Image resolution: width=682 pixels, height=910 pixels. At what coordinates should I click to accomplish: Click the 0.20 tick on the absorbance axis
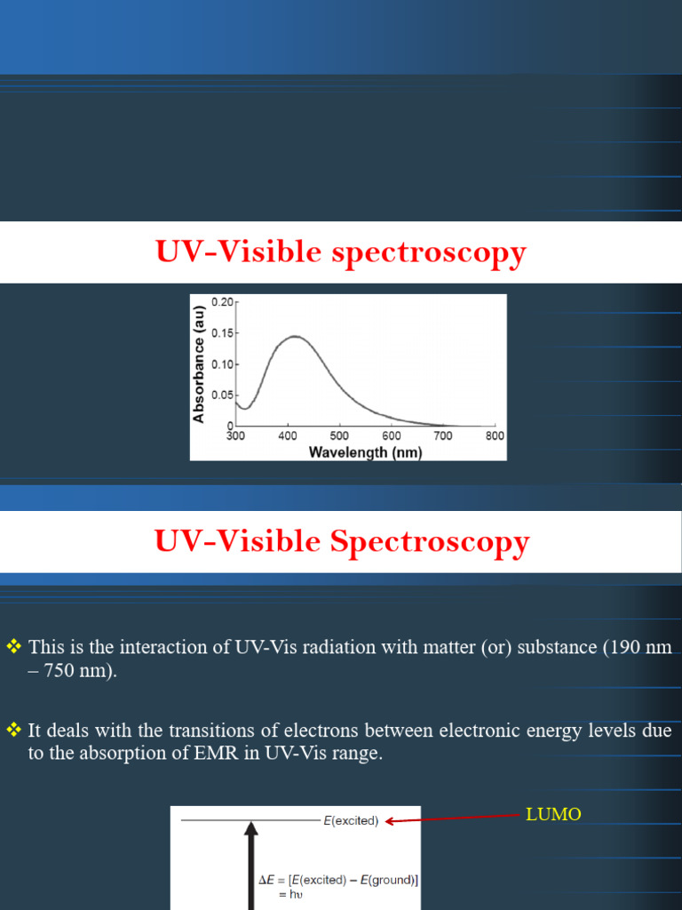click(221, 302)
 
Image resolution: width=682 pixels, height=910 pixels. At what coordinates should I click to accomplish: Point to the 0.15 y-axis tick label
click(221, 333)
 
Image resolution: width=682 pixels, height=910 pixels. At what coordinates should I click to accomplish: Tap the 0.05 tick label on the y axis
click(221, 395)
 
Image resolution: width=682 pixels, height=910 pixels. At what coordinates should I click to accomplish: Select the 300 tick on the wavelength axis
click(235, 436)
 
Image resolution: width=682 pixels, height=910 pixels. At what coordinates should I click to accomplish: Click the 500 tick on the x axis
click(339, 436)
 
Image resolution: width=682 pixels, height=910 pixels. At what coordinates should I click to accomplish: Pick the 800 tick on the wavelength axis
click(495, 436)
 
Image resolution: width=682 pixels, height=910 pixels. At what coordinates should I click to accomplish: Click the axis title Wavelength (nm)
click(365, 452)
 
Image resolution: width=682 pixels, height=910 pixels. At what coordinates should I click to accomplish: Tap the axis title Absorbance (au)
click(200, 364)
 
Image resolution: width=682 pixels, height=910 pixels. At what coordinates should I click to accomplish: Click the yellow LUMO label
click(553, 814)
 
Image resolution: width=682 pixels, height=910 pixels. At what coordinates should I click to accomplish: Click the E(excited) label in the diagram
click(351, 821)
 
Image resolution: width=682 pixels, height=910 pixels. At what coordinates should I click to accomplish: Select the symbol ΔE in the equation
click(266, 880)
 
